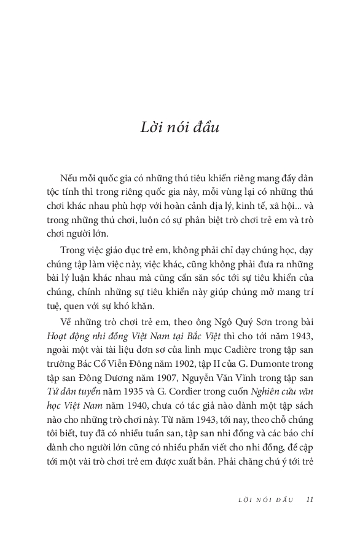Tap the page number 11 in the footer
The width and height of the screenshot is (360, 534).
[x=310, y=499]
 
